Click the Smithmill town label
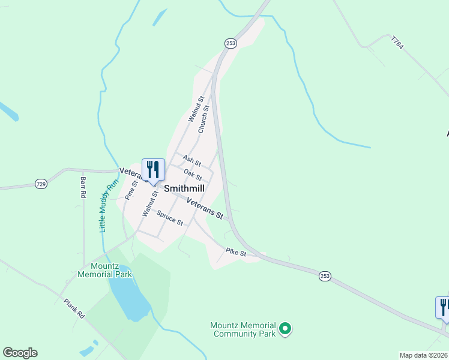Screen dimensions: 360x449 [x=184, y=188]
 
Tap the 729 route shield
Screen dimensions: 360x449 [x=41, y=184]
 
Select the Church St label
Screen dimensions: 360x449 [x=203, y=119]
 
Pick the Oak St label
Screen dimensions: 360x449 [x=193, y=175]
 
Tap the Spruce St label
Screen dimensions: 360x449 [x=170, y=217]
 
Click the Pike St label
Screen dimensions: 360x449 [x=236, y=253]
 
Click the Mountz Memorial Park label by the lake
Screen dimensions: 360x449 [x=104, y=270]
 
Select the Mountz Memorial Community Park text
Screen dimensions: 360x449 [x=243, y=329]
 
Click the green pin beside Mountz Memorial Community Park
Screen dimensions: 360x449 [x=286, y=328]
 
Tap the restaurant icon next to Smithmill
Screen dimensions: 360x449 [x=153, y=170]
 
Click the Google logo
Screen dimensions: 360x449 [x=20, y=353]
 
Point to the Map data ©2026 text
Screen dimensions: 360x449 [x=423, y=355]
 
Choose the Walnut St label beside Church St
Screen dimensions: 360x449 [x=196, y=109]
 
